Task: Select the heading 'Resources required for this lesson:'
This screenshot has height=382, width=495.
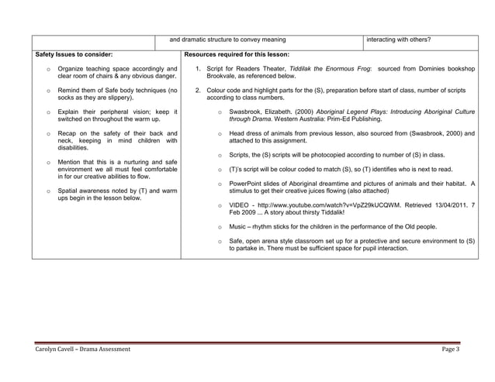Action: click(237, 54)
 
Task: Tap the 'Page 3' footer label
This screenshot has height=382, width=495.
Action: click(451, 349)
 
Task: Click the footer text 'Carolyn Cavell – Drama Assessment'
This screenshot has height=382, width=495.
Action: click(83, 349)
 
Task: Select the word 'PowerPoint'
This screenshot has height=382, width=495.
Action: click(247, 183)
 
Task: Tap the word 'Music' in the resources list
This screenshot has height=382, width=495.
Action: click(239, 227)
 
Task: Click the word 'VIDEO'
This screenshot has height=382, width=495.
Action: click(241, 205)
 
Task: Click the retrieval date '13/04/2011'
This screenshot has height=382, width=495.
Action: click(447, 205)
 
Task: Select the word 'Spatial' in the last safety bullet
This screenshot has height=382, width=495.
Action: click(68, 191)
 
